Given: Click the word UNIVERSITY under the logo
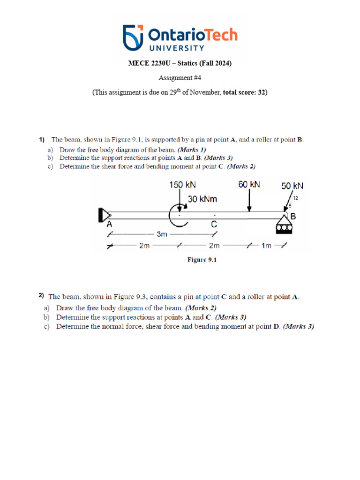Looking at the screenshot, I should point(177,48).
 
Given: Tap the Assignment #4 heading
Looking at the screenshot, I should point(180,78).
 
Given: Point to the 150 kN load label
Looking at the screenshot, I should point(182,185).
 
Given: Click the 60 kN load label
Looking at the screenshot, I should point(249,185).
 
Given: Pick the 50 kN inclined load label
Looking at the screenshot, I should point(292,186).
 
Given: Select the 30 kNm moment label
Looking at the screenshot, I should point(202,199).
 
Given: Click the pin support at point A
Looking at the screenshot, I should point(103,215).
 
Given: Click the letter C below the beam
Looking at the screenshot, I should point(214,225).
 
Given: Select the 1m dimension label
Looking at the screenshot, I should point(266,246).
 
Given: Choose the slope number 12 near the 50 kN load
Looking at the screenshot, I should point(295,198).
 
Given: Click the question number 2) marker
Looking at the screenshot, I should point(42,295).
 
